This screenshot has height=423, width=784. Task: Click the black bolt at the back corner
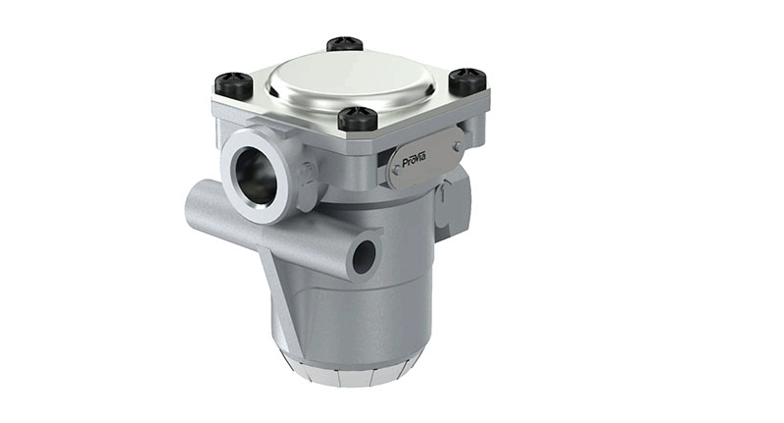tap(345, 44)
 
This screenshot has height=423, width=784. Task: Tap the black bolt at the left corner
tap(233, 83)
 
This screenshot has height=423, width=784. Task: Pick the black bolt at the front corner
tap(358, 118)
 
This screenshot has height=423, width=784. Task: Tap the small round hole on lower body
tap(364, 257)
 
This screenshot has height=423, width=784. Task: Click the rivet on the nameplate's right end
tap(456, 148)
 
